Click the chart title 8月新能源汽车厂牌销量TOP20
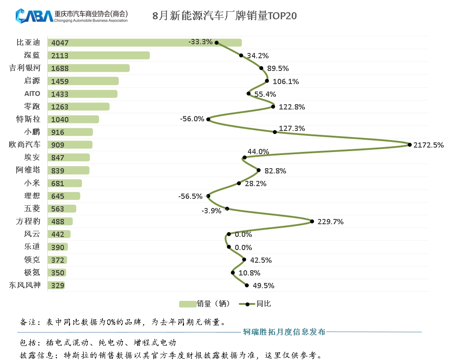(224, 16)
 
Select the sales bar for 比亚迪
(145, 42)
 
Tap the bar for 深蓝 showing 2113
(99, 55)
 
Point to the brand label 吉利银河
(25, 68)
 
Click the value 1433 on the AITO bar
(57, 94)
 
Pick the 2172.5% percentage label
(428, 145)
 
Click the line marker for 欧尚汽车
(410, 145)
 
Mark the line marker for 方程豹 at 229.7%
(312, 222)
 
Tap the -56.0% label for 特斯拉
(192, 119)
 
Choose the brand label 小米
(32, 183)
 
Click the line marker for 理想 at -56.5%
(208, 196)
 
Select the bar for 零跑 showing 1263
(78, 106)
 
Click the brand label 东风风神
(25, 285)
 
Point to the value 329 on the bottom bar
(57, 286)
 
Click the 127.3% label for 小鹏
(291, 128)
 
